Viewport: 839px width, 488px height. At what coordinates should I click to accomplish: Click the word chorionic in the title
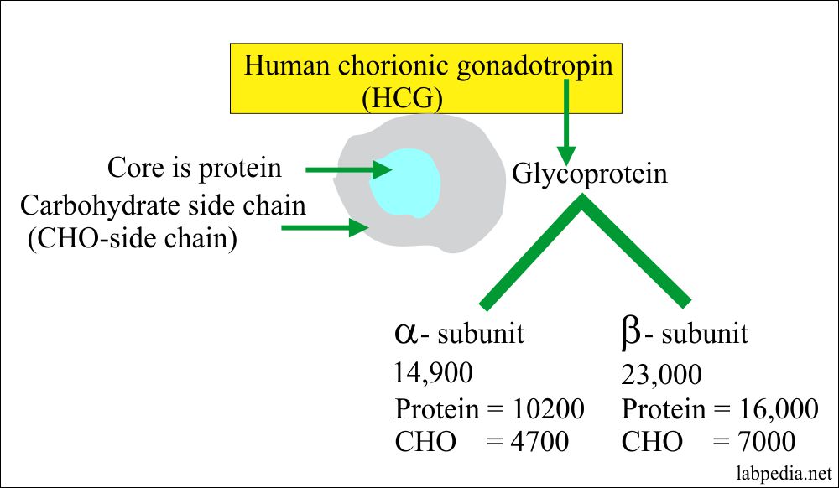pyautogui.click(x=402, y=66)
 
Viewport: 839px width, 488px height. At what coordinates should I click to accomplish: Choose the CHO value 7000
pyautogui.click(x=763, y=442)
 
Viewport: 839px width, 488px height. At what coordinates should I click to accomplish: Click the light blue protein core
pyautogui.click(x=405, y=180)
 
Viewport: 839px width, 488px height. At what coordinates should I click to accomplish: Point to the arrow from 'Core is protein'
pyautogui.click(x=348, y=170)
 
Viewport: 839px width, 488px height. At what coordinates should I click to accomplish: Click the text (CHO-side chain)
pyautogui.click(x=132, y=238)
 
